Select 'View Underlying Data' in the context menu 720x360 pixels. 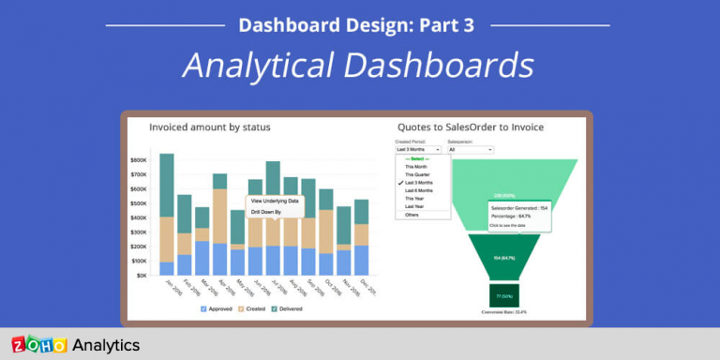point(275,201)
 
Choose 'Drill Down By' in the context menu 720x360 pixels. point(265,212)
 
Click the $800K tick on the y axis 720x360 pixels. point(139,160)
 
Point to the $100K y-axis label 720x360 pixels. point(139,262)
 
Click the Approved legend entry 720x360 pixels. point(218,307)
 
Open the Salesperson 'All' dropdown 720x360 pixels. point(470,149)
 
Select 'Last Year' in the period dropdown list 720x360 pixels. point(415,206)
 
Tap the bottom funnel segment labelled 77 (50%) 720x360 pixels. point(502,294)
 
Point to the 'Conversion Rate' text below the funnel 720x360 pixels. point(504,312)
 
